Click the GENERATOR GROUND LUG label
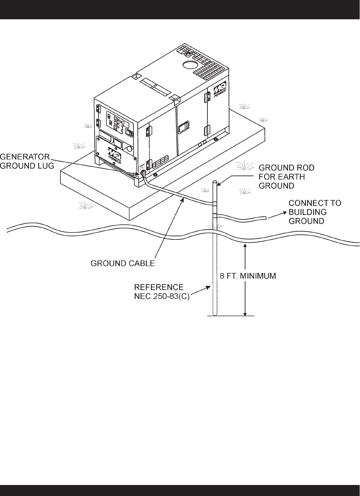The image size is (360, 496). tap(27, 161)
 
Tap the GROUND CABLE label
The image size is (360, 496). tap(123, 263)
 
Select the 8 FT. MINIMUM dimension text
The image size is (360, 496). tap(248, 276)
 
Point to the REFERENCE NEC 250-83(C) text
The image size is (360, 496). tap(162, 291)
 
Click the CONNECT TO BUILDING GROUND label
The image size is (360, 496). tap(315, 212)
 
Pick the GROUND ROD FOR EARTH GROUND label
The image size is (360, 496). tap(287, 177)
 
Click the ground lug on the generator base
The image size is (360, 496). tap(142, 173)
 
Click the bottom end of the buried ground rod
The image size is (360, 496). tap(214, 314)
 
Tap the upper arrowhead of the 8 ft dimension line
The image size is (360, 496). tap(245, 245)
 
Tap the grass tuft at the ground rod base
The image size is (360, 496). tap(215, 226)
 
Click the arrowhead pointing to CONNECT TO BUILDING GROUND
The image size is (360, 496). tap(270, 217)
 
